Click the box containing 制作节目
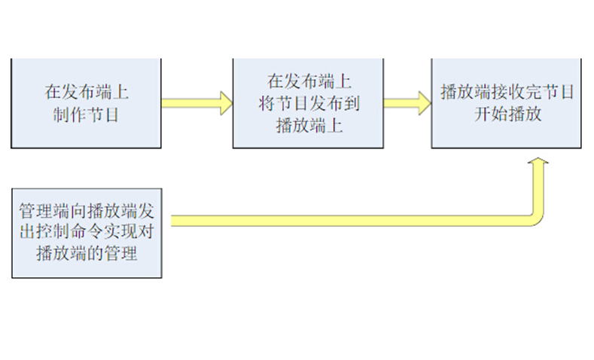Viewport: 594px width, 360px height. coord(87,103)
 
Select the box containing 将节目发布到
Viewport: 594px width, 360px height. coord(309,103)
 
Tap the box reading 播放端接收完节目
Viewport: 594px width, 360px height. coord(506,103)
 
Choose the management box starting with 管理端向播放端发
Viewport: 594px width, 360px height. coord(87,233)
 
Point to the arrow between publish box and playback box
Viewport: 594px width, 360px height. coord(407,103)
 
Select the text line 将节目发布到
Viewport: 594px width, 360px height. coord(309,104)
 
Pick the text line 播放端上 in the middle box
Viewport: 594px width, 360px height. coord(309,125)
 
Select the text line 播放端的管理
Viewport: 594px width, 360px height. coord(87,254)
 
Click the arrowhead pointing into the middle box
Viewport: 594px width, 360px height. coord(225,103)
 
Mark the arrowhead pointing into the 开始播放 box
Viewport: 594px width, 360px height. coord(423,103)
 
